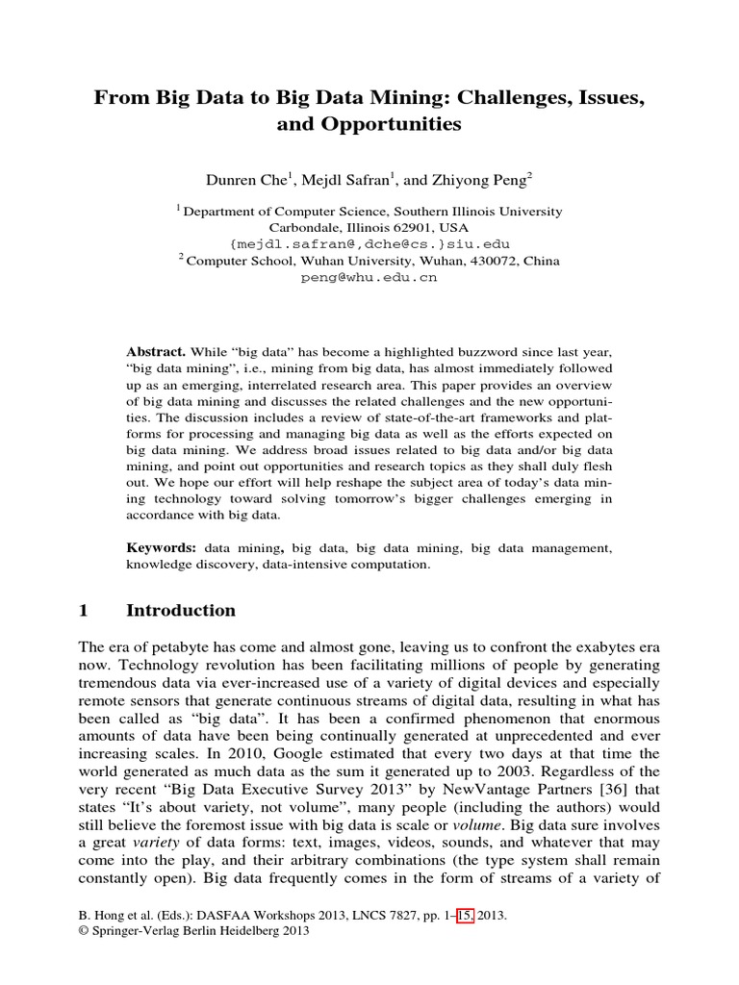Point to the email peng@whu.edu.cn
point(369,277)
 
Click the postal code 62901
point(393,227)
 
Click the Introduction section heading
point(181,611)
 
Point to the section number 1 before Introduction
point(83,611)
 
